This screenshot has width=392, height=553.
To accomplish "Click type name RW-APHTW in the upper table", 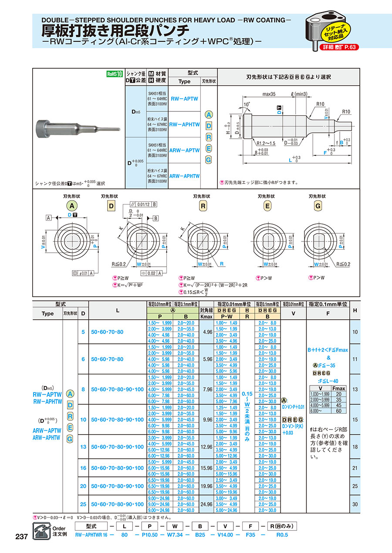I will click(x=184, y=124).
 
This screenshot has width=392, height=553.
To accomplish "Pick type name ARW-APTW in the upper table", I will click(x=184, y=150).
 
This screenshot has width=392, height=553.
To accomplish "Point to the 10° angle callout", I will click(x=247, y=105).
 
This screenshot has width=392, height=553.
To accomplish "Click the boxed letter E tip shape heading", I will click(x=267, y=206).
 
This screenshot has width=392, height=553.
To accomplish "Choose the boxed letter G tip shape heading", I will click(x=318, y=206).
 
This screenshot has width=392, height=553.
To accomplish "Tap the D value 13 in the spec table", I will click(x=83, y=447).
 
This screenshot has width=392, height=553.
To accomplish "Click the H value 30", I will click(x=355, y=504).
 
